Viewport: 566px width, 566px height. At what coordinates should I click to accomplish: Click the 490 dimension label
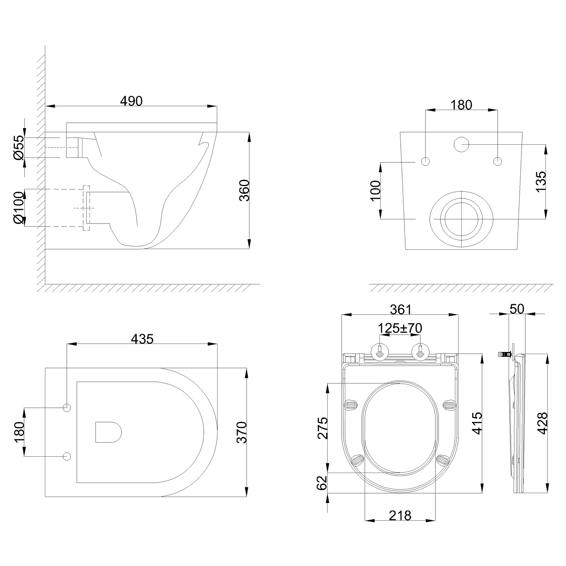coord(131,101)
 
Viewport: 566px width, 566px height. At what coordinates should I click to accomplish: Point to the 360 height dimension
coord(244,190)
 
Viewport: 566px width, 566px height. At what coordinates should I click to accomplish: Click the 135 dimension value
coord(541,181)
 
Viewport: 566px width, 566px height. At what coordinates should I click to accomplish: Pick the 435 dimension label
coord(142,339)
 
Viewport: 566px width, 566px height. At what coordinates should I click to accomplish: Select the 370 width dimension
coord(242,432)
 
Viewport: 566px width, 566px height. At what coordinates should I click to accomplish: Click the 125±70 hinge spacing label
coord(400,328)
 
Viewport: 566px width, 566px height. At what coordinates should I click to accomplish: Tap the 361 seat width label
coord(401,309)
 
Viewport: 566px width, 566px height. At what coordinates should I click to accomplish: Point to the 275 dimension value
coord(322,428)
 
